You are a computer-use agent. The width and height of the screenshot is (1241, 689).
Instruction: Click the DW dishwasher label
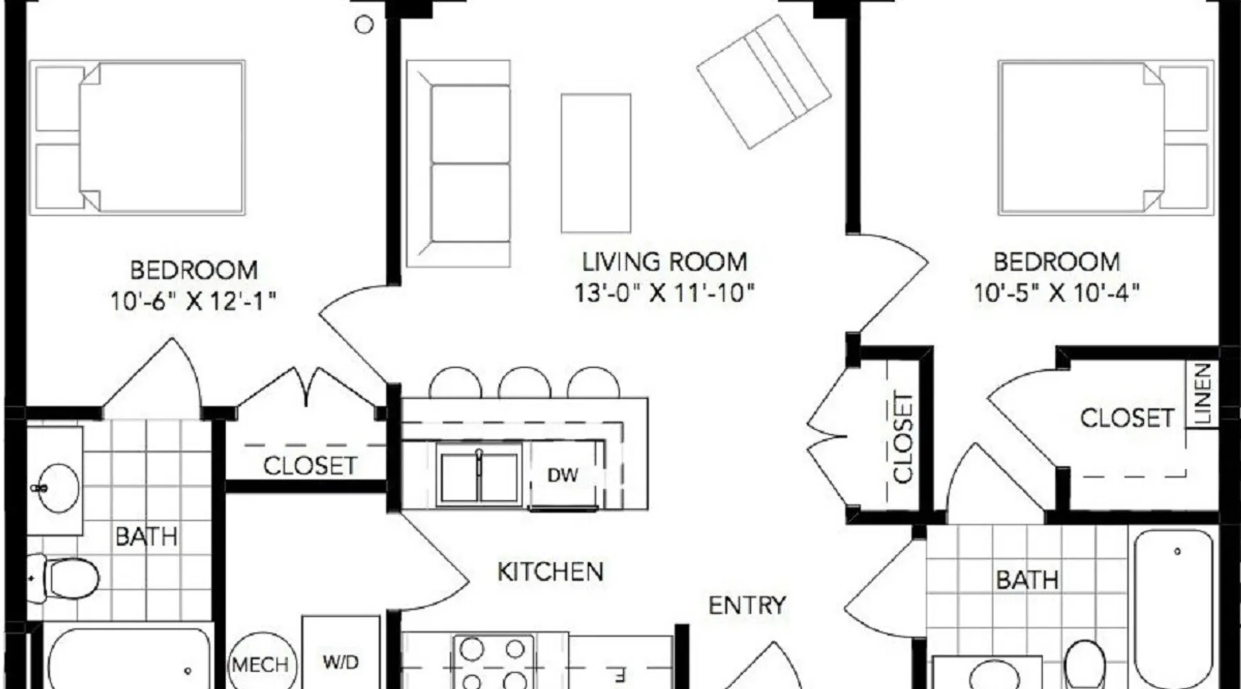[x=563, y=475]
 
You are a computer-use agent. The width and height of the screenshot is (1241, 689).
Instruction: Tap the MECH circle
[x=261, y=662]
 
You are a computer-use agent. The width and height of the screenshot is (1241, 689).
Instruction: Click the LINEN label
[x=1202, y=394]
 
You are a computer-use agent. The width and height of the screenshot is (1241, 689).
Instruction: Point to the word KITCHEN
[x=550, y=571]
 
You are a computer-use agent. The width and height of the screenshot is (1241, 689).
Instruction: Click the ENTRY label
[x=747, y=605]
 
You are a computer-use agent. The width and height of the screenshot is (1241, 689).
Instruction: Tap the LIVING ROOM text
[x=665, y=262]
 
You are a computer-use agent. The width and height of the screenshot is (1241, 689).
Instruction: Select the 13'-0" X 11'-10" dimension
[x=665, y=294]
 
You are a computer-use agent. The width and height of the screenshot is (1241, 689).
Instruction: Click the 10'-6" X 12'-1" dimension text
[x=193, y=301]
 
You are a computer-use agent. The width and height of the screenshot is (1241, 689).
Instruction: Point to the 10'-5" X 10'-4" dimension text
[x=1056, y=294]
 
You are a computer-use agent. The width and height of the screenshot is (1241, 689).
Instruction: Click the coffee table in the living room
[x=596, y=163]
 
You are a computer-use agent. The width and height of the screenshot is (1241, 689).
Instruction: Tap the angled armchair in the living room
[x=764, y=81]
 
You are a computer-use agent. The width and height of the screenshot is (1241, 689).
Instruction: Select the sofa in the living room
[x=458, y=163]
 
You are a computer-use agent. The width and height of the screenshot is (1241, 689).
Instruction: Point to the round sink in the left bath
[x=58, y=488]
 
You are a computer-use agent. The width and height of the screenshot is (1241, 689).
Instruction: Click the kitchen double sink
[x=479, y=477]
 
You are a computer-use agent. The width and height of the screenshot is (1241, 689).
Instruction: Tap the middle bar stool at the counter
[x=525, y=382]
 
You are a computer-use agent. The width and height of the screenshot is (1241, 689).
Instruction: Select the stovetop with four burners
[x=494, y=662]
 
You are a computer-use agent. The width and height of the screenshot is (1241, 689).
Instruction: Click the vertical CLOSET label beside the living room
[x=902, y=437]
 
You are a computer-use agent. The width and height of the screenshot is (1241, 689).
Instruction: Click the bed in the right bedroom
[x=1106, y=138]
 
